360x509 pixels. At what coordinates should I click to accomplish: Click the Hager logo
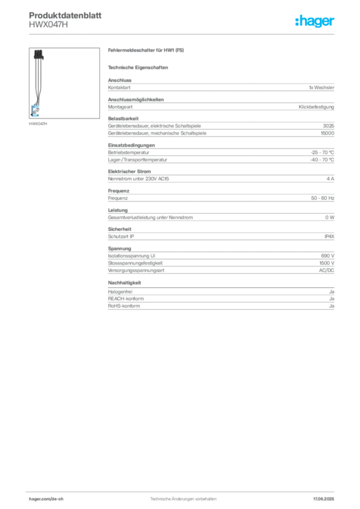[x=314, y=21]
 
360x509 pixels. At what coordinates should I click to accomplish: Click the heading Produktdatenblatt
[x=65, y=15]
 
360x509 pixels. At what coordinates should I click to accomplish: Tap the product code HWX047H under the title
[x=48, y=24]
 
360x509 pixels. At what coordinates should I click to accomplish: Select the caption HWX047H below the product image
[x=38, y=124]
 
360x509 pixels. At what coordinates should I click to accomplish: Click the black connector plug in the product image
[x=39, y=54]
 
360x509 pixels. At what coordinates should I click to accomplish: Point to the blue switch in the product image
[x=35, y=111]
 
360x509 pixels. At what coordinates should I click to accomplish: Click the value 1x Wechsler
[x=321, y=87]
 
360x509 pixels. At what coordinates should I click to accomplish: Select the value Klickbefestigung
[x=316, y=107]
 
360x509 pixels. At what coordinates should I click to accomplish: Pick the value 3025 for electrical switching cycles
[x=328, y=126]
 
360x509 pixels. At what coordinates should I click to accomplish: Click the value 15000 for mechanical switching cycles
[x=327, y=133]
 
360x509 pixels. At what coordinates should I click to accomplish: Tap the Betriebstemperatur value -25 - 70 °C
[x=322, y=152]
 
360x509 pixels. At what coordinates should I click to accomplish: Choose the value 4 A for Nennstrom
[x=330, y=179]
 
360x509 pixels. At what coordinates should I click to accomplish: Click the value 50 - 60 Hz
[x=322, y=198]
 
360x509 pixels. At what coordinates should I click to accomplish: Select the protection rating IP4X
[x=329, y=236]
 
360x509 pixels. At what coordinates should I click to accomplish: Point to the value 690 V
[x=328, y=256]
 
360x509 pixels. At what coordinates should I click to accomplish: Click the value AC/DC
[x=326, y=270]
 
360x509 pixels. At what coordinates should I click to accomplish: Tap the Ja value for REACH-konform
[x=332, y=299]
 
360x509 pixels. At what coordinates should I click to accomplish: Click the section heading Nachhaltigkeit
[x=124, y=283]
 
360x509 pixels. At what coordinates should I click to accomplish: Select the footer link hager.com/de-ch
[x=46, y=499]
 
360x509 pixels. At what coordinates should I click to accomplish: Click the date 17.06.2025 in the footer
[x=323, y=499]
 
